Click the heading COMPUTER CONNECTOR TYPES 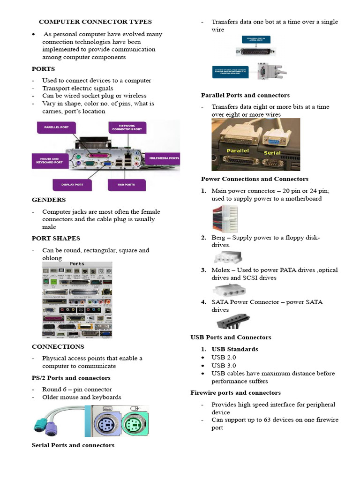tap(95, 22)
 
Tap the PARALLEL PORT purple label tap(56, 127)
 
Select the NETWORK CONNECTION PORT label tap(127, 127)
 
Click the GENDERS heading tap(49, 200)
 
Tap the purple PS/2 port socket tap(105, 425)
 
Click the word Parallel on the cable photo tap(237, 151)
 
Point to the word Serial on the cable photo tap(272, 153)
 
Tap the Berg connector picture tap(228, 257)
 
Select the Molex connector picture tap(229, 290)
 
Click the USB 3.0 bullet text tap(224, 366)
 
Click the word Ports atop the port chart tap(77, 264)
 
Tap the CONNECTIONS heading tap(58, 346)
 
